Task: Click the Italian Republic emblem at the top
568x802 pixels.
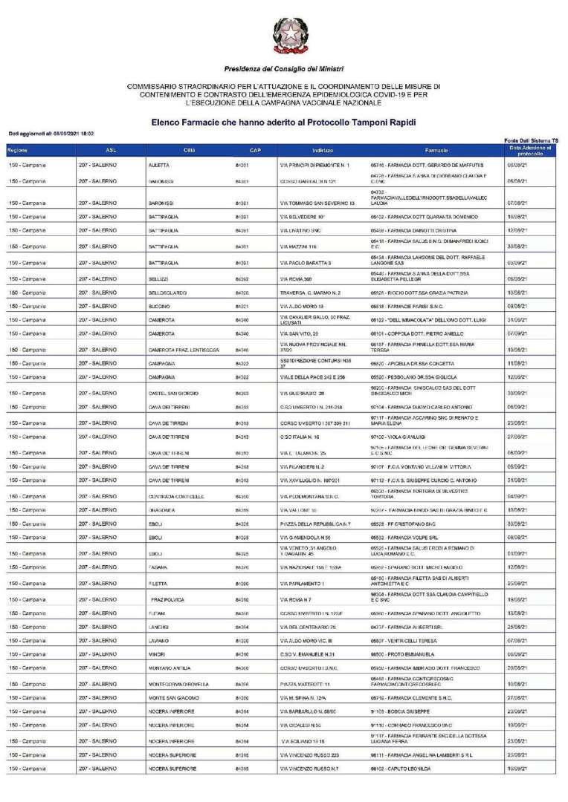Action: click(x=283, y=38)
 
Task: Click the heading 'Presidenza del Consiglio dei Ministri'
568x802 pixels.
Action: click(x=283, y=69)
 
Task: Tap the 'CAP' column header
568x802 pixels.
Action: click(x=255, y=151)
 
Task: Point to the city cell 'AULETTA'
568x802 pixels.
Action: click(x=159, y=165)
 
